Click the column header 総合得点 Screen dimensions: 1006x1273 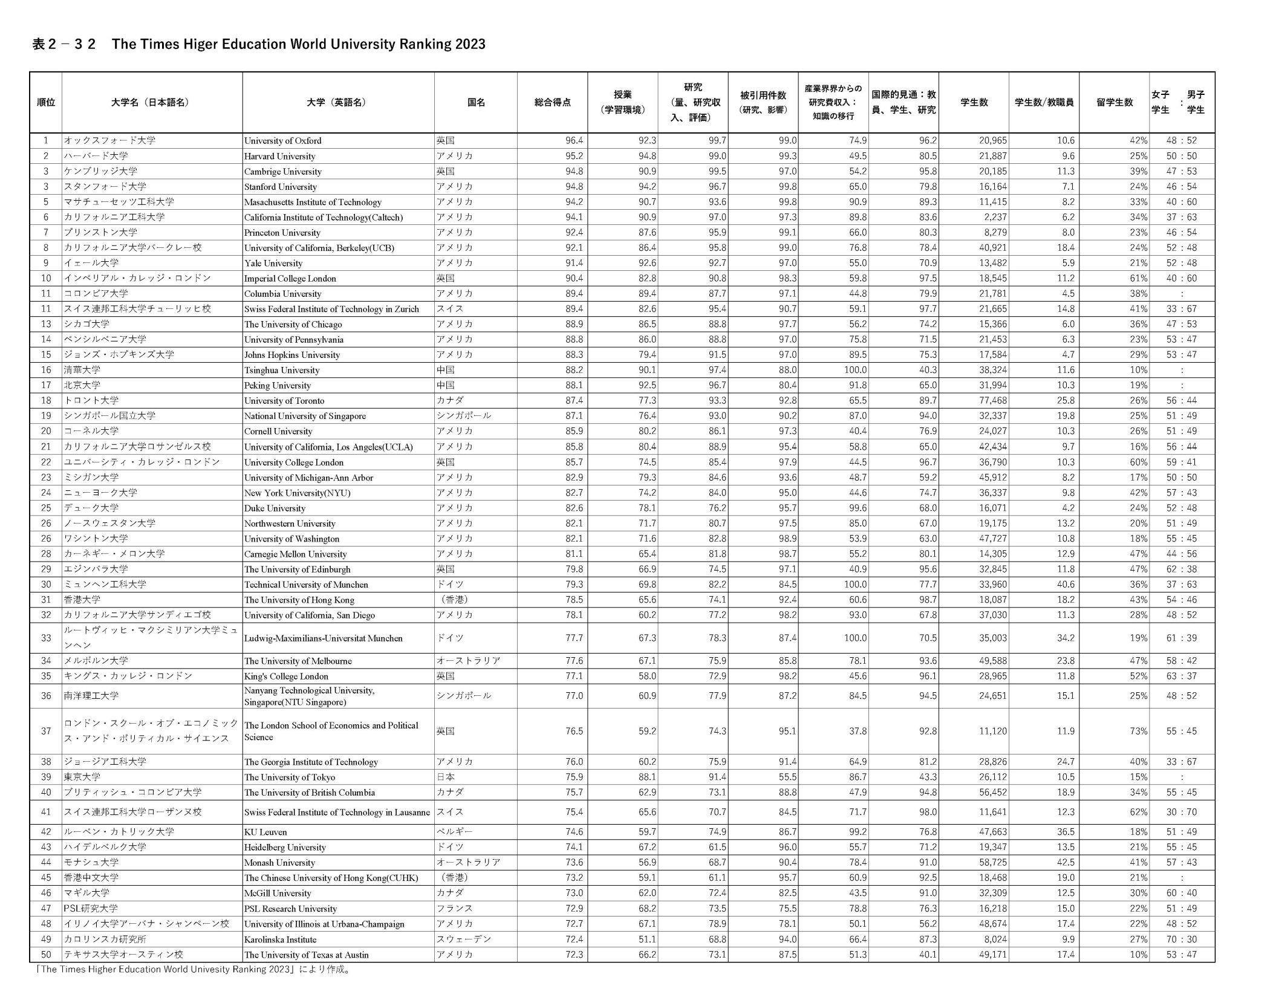552,102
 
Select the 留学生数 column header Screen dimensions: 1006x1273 1114,102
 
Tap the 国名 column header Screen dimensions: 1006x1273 475,102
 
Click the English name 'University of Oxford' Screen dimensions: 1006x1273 282,141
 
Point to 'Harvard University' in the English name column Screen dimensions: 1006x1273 279,156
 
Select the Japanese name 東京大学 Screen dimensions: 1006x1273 82,777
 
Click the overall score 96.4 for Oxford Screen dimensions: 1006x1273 574,141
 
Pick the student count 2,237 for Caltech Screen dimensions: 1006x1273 993,217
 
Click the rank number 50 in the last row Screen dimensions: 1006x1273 46,955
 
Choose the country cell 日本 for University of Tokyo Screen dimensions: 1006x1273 445,777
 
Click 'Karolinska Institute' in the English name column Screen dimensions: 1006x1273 280,939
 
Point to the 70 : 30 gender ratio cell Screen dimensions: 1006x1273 1181,939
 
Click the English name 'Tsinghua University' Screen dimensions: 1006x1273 282,370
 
